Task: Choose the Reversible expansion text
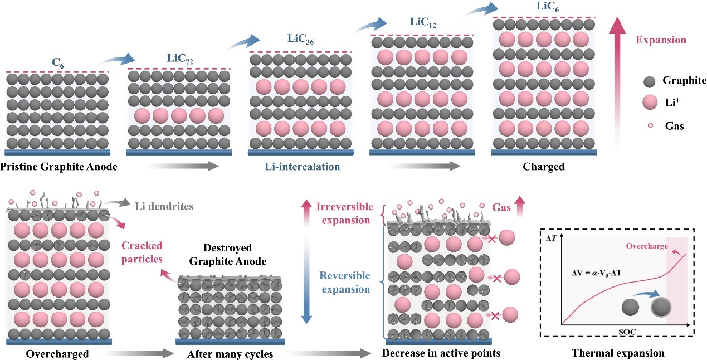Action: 344,282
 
